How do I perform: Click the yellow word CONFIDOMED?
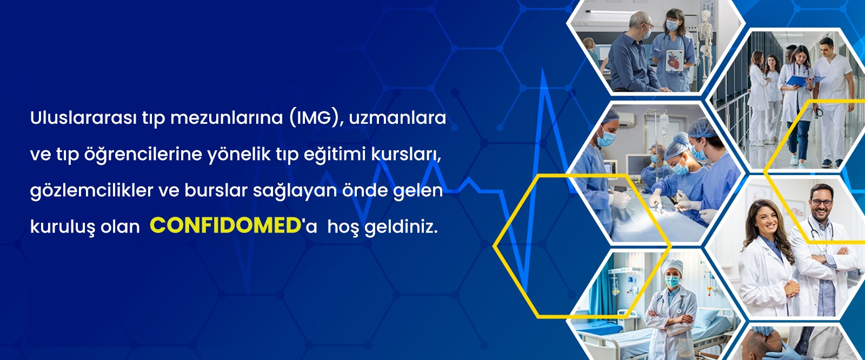[225, 226]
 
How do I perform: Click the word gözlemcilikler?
[91, 191]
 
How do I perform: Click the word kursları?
[405, 155]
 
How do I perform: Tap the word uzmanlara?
[397, 118]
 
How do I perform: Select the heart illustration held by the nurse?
[675, 60]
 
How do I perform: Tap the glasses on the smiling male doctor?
[821, 202]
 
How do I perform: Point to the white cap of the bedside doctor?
[673, 266]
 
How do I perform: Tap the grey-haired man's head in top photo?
[639, 23]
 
